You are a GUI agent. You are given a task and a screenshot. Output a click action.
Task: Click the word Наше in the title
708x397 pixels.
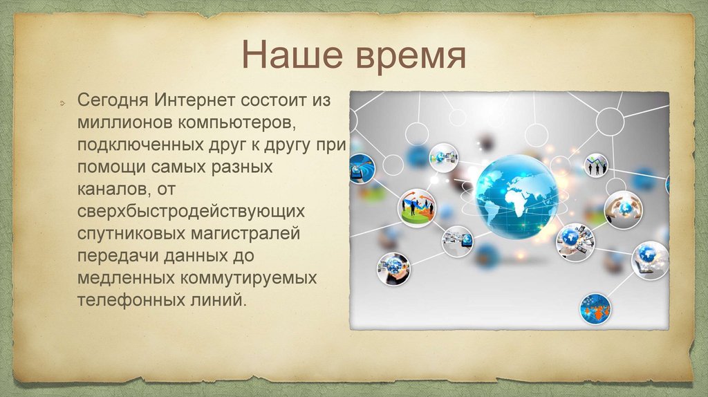(292, 54)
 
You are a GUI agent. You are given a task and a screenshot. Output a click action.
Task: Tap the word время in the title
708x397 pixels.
(411, 57)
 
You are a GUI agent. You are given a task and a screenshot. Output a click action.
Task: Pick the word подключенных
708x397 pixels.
(140, 145)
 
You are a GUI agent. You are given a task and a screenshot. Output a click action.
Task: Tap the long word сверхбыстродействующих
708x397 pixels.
(191, 212)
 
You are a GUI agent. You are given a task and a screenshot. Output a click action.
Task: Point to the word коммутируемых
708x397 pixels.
(248, 278)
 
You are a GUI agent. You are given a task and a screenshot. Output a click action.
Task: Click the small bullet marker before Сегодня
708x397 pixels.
(62, 104)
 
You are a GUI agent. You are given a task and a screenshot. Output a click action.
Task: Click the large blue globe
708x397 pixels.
(517, 196)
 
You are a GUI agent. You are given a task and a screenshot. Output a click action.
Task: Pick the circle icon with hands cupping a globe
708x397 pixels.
(623, 210)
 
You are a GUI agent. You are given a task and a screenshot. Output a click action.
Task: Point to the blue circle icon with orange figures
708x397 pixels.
(595, 309)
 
